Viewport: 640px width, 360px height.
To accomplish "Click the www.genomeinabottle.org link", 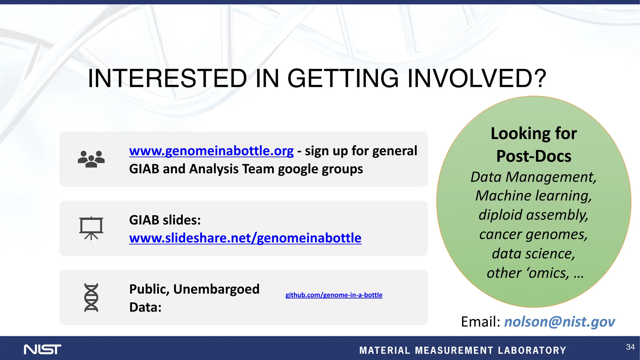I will coord(211,151).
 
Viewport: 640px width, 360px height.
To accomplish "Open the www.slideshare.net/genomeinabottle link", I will coord(245,238).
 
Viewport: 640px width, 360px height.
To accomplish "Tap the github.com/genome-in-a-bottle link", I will coord(334,295).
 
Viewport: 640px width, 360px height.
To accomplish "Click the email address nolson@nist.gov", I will coord(559,322).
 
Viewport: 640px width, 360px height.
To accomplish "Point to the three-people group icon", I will coord(91,159).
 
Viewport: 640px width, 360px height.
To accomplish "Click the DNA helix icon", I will coord(91,297).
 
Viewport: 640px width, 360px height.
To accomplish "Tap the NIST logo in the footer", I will coord(42,349).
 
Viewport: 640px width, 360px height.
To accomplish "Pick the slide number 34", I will coord(630,347).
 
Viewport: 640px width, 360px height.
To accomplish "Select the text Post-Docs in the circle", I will coord(534,156).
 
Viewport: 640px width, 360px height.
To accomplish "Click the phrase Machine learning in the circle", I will coord(534,196).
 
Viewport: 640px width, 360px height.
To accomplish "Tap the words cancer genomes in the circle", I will coord(534,234).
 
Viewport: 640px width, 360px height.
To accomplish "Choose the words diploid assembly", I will coord(534,215).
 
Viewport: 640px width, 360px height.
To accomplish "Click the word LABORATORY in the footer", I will coord(532,350).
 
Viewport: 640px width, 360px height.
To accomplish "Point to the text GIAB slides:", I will coord(165,220).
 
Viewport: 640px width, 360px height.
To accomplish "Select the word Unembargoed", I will coord(216,289).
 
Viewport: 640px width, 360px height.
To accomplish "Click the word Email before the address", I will coord(480,322).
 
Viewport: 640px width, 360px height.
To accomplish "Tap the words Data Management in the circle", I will coord(534,177).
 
